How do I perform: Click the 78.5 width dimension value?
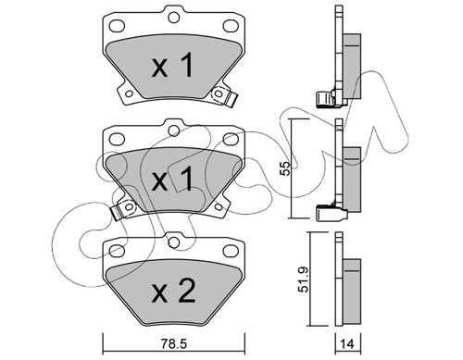tap(174, 344)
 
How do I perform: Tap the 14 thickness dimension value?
tap(347, 344)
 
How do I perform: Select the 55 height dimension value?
tap(286, 168)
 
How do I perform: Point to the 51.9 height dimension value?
tap(304, 279)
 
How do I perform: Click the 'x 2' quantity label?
tap(173, 291)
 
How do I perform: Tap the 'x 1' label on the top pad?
tap(172, 65)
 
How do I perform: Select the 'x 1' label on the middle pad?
tap(172, 179)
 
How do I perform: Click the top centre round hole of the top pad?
tap(174, 18)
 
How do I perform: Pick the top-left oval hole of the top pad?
tap(118, 26)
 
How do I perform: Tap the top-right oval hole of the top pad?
tap(231, 26)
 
